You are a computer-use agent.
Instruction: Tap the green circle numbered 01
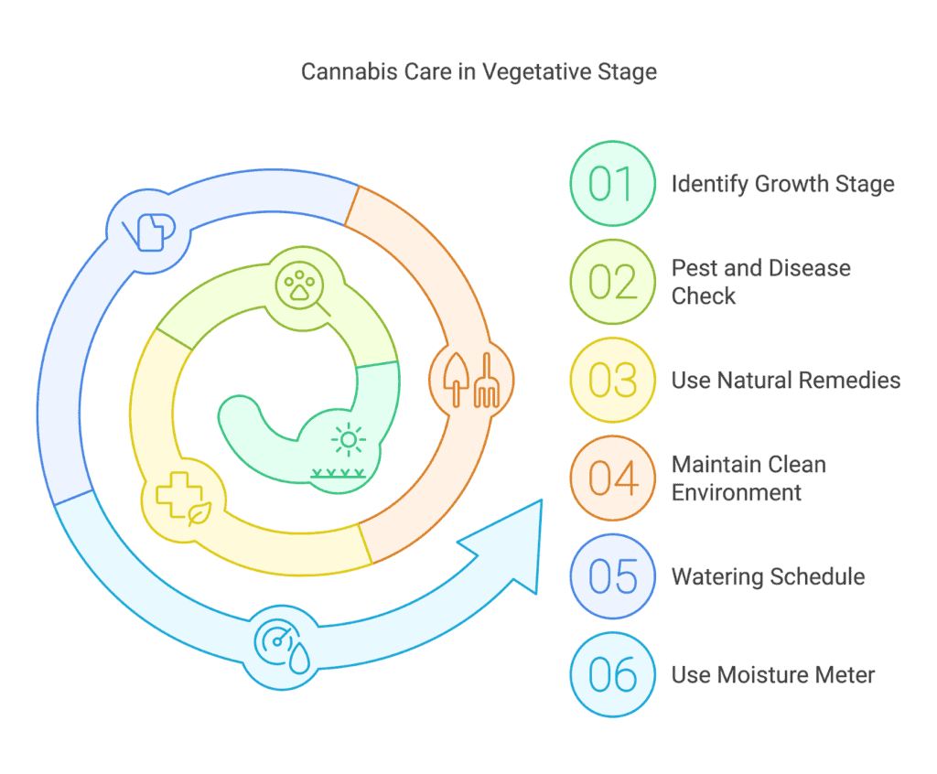612,184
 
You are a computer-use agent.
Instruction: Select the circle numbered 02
612,282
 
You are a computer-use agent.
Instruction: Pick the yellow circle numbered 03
612,380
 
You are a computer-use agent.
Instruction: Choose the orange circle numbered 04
612,478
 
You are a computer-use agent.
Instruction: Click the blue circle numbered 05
612,576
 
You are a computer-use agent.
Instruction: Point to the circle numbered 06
612,675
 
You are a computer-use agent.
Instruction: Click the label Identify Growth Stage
783,184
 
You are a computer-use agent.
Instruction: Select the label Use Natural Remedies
786,380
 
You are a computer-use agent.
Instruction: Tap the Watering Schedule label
768,576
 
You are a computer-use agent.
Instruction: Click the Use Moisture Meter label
772,675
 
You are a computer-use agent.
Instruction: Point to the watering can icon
149,231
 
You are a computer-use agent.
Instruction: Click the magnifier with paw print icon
302,289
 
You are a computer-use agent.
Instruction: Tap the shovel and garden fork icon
471,380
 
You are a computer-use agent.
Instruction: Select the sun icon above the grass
349,440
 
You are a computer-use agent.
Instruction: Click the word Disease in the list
810,268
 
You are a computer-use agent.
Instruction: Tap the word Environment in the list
737,492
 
